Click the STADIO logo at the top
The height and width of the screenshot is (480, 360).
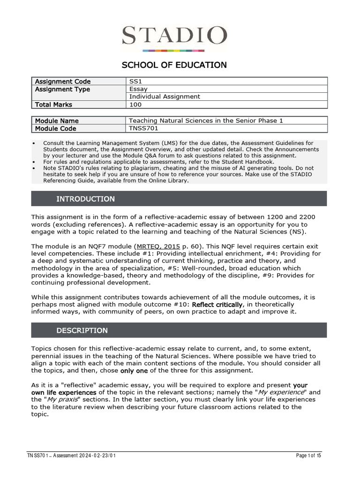pyautogui.click(x=174, y=37)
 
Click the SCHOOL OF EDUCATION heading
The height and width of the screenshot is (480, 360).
pyautogui.click(x=174, y=65)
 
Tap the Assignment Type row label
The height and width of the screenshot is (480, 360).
pyautogui.click(x=62, y=89)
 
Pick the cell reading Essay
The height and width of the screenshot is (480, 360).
pyautogui.click(x=138, y=89)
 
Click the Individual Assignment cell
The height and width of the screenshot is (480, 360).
pyautogui.click(x=164, y=97)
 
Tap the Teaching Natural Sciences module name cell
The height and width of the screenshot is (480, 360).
pyautogui.click(x=206, y=121)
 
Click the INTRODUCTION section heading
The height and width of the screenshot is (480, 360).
pyautogui.click(x=85, y=199)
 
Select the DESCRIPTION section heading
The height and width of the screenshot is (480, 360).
pyautogui.click(x=82, y=330)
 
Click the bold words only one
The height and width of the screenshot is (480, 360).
pyautogui.click(x=134, y=371)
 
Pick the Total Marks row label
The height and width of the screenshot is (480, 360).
pyautogui.click(x=53, y=105)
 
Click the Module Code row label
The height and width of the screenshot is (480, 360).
pyautogui.click(x=55, y=128)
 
